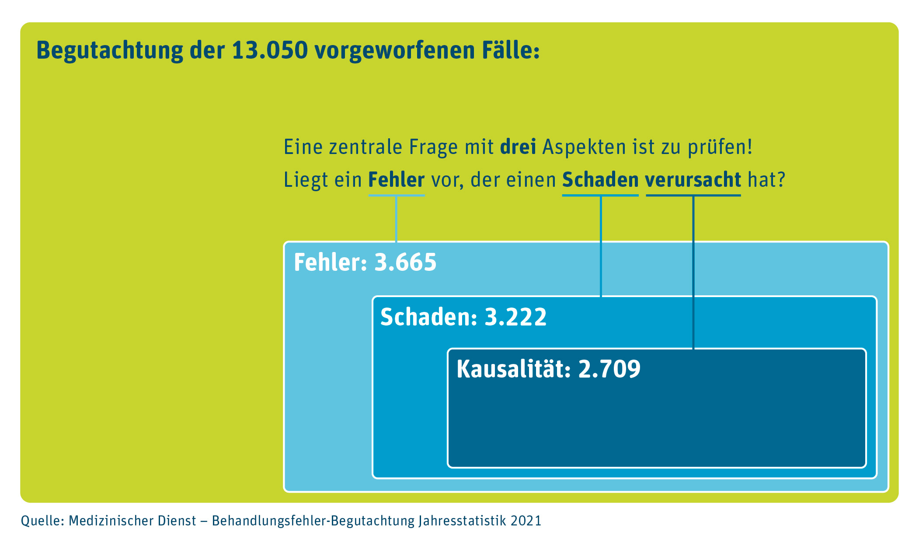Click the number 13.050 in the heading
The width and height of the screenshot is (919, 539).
pos(270,50)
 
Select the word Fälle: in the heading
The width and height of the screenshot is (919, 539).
pos(511,50)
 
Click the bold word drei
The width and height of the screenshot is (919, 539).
pos(518,147)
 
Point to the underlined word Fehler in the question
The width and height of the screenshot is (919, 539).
pos(396,180)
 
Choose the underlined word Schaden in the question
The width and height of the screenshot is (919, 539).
pos(600,180)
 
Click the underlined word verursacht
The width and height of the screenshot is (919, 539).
pos(693,180)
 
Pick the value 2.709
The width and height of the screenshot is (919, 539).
pos(609,369)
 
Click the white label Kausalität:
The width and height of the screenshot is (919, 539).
pos(514,369)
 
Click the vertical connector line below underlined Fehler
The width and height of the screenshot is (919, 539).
pos(396,219)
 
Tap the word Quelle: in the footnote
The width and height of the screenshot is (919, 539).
pos(42,521)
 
